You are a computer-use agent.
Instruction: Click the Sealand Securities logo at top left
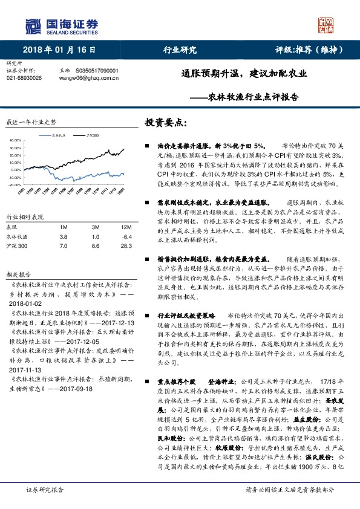click(x=61, y=25)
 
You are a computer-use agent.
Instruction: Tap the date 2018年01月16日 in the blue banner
click(x=59, y=50)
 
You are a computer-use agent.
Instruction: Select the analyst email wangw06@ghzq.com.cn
click(x=92, y=79)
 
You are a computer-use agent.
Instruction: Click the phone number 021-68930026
click(x=24, y=79)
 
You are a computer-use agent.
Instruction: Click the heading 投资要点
click(x=163, y=122)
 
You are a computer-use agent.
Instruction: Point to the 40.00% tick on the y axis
click(x=15, y=140)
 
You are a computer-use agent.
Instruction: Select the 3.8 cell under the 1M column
click(x=64, y=236)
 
